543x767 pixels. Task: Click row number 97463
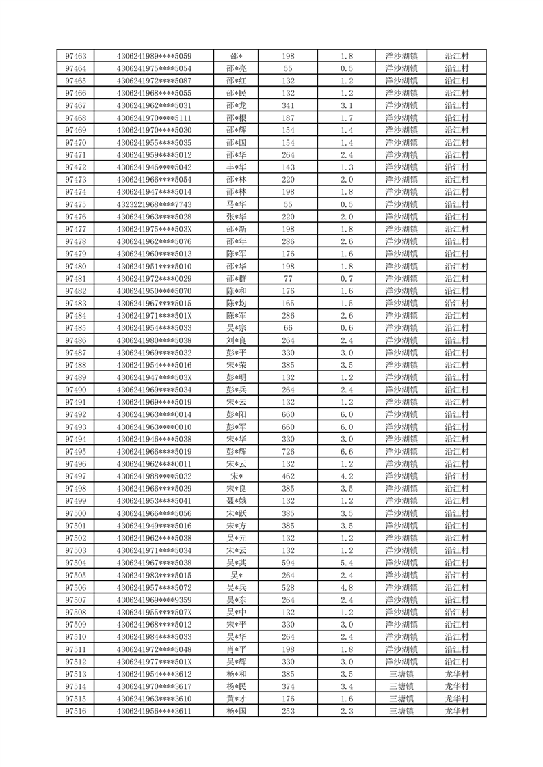point(75,56)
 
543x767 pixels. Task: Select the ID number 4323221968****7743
point(154,204)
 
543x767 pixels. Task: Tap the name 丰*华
point(236,167)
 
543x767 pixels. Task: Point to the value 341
point(288,105)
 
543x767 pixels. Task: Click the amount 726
point(288,452)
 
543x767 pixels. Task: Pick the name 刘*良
point(236,340)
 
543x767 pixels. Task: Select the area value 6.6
point(346,452)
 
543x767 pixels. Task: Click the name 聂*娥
point(236,501)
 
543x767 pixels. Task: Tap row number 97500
point(75,513)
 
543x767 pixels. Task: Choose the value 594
point(288,563)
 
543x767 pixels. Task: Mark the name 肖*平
point(236,649)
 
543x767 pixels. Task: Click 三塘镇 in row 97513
point(401,674)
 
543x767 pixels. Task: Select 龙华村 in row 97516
point(456,711)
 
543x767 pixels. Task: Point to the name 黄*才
point(236,699)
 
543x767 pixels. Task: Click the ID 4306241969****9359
point(154,600)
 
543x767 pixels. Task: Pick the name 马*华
point(236,204)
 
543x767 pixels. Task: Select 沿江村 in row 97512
point(456,662)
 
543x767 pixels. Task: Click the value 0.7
point(346,279)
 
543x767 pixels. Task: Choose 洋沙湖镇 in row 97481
point(401,279)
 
